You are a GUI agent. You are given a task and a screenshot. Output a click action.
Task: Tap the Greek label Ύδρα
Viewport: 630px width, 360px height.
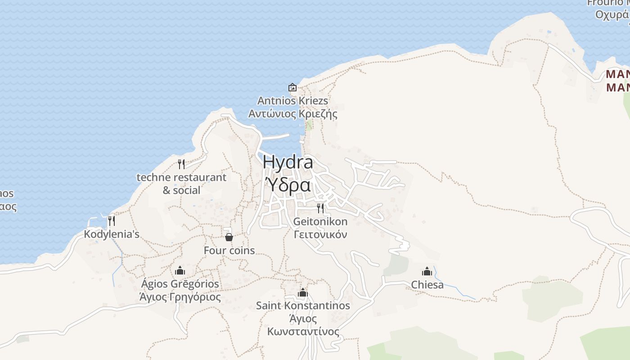click(288, 185)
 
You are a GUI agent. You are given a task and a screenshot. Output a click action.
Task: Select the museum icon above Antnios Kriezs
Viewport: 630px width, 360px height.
click(292, 87)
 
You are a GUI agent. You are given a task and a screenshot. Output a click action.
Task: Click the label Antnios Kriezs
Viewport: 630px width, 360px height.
click(292, 100)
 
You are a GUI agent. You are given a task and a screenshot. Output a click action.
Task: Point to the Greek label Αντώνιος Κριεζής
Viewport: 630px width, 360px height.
click(292, 114)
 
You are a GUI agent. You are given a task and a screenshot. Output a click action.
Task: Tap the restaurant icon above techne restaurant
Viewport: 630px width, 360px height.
click(181, 163)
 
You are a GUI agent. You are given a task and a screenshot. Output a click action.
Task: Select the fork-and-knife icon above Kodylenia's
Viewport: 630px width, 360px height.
click(112, 220)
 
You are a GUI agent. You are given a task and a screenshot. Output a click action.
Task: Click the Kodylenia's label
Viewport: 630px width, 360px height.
click(112, 234)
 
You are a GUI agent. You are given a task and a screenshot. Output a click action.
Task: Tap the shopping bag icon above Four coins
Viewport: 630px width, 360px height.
click(229, 237)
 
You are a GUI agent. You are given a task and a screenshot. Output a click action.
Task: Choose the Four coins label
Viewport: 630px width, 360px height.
click(229, 251)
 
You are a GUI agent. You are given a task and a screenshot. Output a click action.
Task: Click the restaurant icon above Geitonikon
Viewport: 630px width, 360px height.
click(320, 208)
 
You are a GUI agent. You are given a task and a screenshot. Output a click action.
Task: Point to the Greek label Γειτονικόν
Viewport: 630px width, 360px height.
click(320, 234)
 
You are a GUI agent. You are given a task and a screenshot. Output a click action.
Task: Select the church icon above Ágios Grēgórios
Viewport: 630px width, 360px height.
click(180, 270)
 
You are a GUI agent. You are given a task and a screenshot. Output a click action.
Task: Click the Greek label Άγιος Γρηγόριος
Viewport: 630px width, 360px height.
click(180, 297)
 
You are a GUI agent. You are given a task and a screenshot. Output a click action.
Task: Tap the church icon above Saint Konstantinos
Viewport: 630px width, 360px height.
click(303, 293)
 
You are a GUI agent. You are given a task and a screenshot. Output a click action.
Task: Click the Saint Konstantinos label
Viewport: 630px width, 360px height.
click(303, 306)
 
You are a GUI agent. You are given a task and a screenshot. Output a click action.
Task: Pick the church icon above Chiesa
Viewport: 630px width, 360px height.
click(427, 271)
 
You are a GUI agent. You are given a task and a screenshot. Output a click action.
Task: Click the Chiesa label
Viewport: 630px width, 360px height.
click(427, 285)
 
